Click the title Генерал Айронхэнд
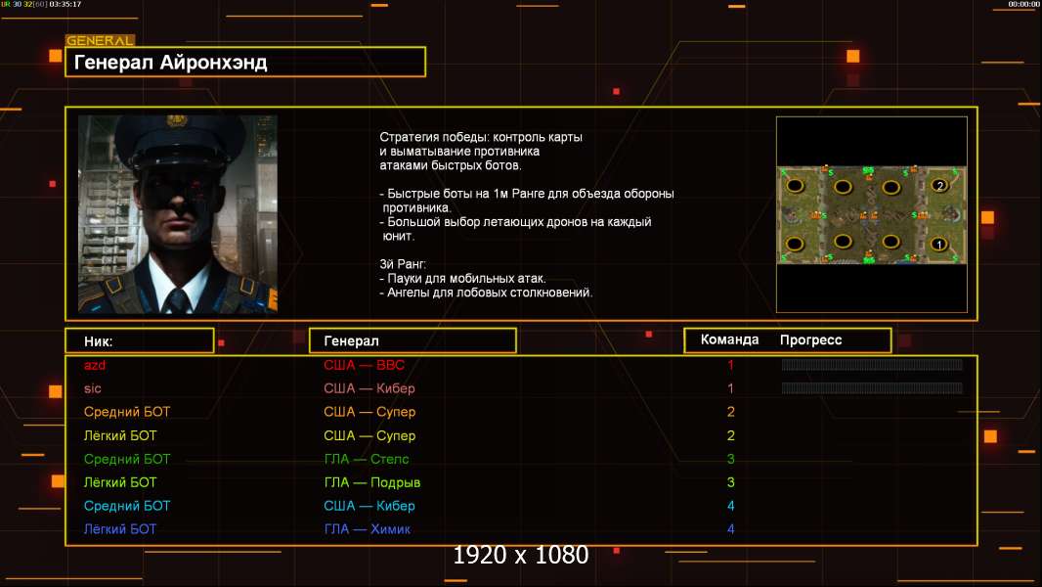coord(171,63)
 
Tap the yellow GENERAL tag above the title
coord(101,40)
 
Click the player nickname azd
coord(95,365)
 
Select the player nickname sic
coord(92,388)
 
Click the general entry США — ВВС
coord(365,365)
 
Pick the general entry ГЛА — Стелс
coord(367,459)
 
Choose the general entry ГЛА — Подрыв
coord(372,482)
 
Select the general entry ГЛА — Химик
coord(367,529)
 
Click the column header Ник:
coord(99,341)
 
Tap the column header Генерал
coord(352,341)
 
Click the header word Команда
coord(729,339)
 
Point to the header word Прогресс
coord(810,340)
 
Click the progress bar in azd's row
coord(872,364)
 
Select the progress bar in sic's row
coord(872,387)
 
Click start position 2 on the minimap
coord(939,186)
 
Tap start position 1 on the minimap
coord(939,245)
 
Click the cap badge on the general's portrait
coord(175,121)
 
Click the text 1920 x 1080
coord(520,555)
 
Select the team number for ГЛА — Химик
coord(731,529)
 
